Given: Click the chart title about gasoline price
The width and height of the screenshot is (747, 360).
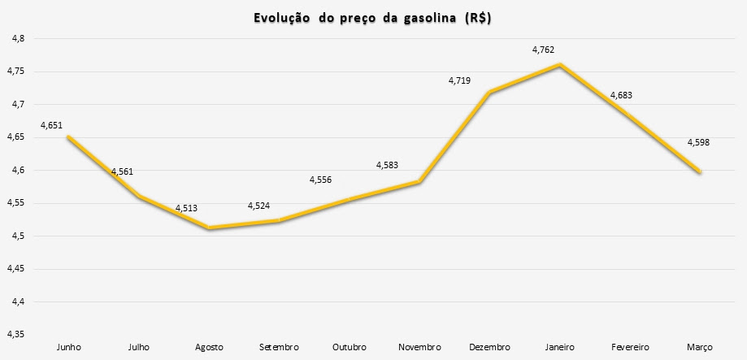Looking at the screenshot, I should click(374, 18).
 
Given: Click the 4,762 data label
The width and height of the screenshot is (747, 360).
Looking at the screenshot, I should click(543, 50).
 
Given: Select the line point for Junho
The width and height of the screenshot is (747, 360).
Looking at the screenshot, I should click(69, 137).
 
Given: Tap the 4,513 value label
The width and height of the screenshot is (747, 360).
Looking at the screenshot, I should click(187, 209).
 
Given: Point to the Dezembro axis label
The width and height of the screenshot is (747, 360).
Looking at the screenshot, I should click(490, 347).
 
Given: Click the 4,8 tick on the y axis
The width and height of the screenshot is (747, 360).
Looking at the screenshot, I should click(17, 39).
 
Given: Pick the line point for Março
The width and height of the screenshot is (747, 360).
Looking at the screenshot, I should click(699, 171).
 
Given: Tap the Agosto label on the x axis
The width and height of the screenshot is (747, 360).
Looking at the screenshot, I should click(209, 347).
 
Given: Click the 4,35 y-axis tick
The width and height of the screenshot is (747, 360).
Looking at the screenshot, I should click(15, 334).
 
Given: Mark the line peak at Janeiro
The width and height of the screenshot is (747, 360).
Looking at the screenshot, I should click(559, 64).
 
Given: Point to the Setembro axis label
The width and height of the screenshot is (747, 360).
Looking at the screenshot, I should click(280, 347).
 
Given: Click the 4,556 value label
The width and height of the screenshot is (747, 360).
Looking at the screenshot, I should click(321, 180).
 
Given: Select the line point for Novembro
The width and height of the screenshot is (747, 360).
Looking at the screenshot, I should click(419, 182).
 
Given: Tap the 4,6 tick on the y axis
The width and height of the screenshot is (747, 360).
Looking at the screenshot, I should click(17, 171).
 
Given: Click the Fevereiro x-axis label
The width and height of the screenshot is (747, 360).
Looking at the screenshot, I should click(629, 347).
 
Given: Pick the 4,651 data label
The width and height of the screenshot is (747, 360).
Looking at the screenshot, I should click(52, 126).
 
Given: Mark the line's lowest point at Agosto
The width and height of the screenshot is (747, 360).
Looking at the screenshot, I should click(209, 228).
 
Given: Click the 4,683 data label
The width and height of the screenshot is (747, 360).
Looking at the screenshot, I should click(620, 95).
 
